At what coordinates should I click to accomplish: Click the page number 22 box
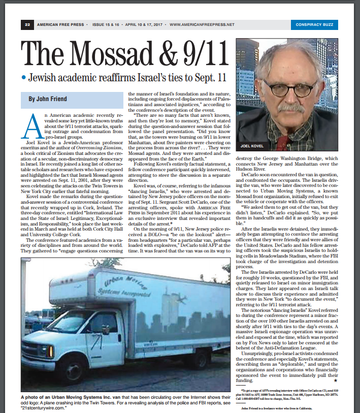27,24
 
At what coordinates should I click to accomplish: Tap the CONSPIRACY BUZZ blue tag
317,24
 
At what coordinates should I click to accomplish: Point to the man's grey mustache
290,108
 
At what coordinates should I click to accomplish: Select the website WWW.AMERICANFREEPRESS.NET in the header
203,24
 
